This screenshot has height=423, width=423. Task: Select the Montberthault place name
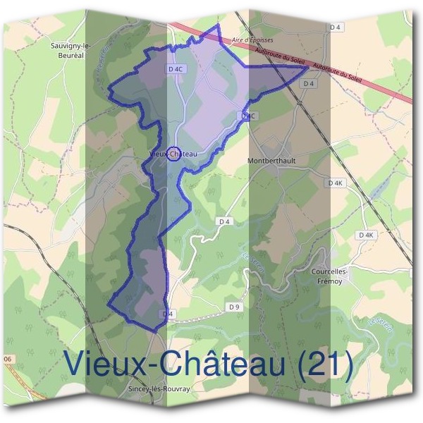[x=272, y=160]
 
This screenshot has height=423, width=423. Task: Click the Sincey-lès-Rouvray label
[x=161, y=388]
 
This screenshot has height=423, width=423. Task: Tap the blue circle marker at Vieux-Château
[x=173, y=153]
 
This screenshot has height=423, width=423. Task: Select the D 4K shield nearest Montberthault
[x=336, y=183]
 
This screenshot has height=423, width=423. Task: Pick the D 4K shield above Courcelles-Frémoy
[x=365, y=235]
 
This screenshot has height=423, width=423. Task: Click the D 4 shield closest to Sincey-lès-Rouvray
[x=167, y=313]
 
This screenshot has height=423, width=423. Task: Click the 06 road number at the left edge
[x=8, y=360]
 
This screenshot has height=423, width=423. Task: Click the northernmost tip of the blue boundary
[x=218, y=25]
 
